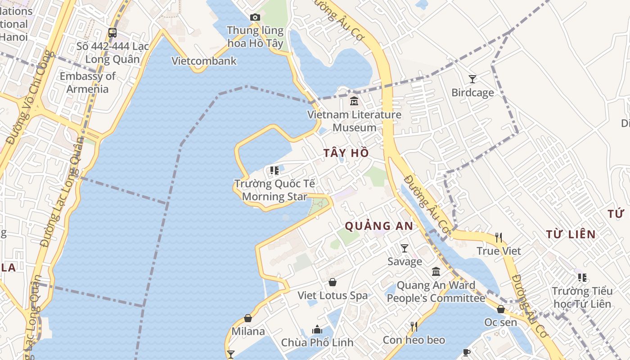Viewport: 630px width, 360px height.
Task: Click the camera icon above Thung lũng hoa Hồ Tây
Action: coord(255,18)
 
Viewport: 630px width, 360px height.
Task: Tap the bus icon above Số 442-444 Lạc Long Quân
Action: coord(112,33)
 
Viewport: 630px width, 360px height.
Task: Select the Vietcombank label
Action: coord(204,61)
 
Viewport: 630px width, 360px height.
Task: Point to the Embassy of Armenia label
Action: coord(88,82)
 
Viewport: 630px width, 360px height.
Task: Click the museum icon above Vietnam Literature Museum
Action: coord(354,101)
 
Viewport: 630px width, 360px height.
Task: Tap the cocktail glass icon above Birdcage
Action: coord(472,80)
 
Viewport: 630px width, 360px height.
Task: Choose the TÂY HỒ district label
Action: coord(346,153)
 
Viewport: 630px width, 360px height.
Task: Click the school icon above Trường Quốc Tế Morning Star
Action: coord(274,171)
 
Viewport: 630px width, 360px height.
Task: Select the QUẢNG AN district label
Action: coord(379,226)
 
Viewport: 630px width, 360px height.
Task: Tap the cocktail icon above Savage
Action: coord(405,248)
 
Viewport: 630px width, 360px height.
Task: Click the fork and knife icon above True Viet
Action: coord(499,238)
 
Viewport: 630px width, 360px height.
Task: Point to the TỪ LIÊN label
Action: coord(571,234)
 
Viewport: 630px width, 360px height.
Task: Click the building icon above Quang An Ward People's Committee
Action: coord(436,272)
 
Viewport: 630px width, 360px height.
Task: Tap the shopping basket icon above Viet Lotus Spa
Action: coord(333,283)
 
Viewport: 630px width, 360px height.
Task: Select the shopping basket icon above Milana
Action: coord(248,319)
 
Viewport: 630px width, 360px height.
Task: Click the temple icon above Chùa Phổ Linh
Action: coord(317,330)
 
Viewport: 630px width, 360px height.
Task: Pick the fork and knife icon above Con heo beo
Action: coord(414,327)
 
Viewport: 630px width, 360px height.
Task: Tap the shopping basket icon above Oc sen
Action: coord(500,309)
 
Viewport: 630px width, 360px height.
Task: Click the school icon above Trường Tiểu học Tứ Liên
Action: coord(582,278)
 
